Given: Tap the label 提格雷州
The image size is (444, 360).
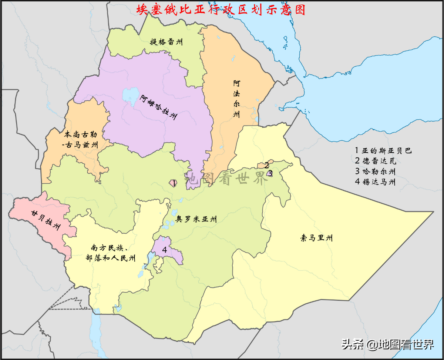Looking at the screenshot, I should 166,42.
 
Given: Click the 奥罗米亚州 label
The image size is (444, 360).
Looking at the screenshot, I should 196,219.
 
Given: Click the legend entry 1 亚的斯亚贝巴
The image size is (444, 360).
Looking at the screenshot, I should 383,151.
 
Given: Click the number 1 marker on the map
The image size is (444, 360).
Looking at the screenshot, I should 174,182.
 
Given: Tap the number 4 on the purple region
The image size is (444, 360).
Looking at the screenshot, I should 164,250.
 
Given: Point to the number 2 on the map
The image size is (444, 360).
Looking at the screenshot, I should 266,166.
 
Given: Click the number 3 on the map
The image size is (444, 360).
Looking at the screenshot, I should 270,173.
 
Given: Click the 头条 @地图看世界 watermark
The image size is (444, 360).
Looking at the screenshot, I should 387,345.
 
